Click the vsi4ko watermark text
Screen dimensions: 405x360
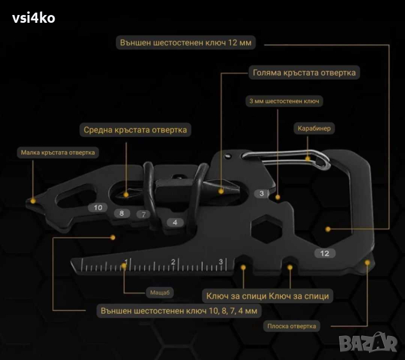tap(34, 18)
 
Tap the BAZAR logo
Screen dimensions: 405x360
tap(368, 343)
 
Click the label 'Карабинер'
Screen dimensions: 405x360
tap(314, 128)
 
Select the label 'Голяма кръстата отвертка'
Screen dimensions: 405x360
tap(304, 73)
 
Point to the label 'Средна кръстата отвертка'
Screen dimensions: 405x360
tap(135, 130)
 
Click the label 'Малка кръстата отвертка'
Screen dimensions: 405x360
tap(58, 152)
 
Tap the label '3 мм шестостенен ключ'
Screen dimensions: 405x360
tap(284, 101)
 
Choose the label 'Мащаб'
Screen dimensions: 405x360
tap(160, 293)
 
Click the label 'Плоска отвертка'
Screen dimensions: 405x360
tap(292, 326)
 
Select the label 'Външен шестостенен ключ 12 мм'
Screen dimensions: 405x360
tap(186, 43)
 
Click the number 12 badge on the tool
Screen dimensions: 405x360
tap(325, 253)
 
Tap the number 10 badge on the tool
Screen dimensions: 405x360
tap(98, 208)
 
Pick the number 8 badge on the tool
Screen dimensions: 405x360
tap(122, 213)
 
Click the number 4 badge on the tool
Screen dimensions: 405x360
tap(175, 223)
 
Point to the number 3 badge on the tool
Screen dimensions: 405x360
tap(262, 193)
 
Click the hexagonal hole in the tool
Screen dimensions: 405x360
tap(266, 229)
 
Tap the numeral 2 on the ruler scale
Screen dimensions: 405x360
tap(173, 262)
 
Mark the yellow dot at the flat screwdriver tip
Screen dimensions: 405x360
tap(367, 263)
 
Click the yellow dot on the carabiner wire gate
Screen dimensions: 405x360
tap(308, 158)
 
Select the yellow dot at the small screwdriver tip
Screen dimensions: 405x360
tap(33, 200)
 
